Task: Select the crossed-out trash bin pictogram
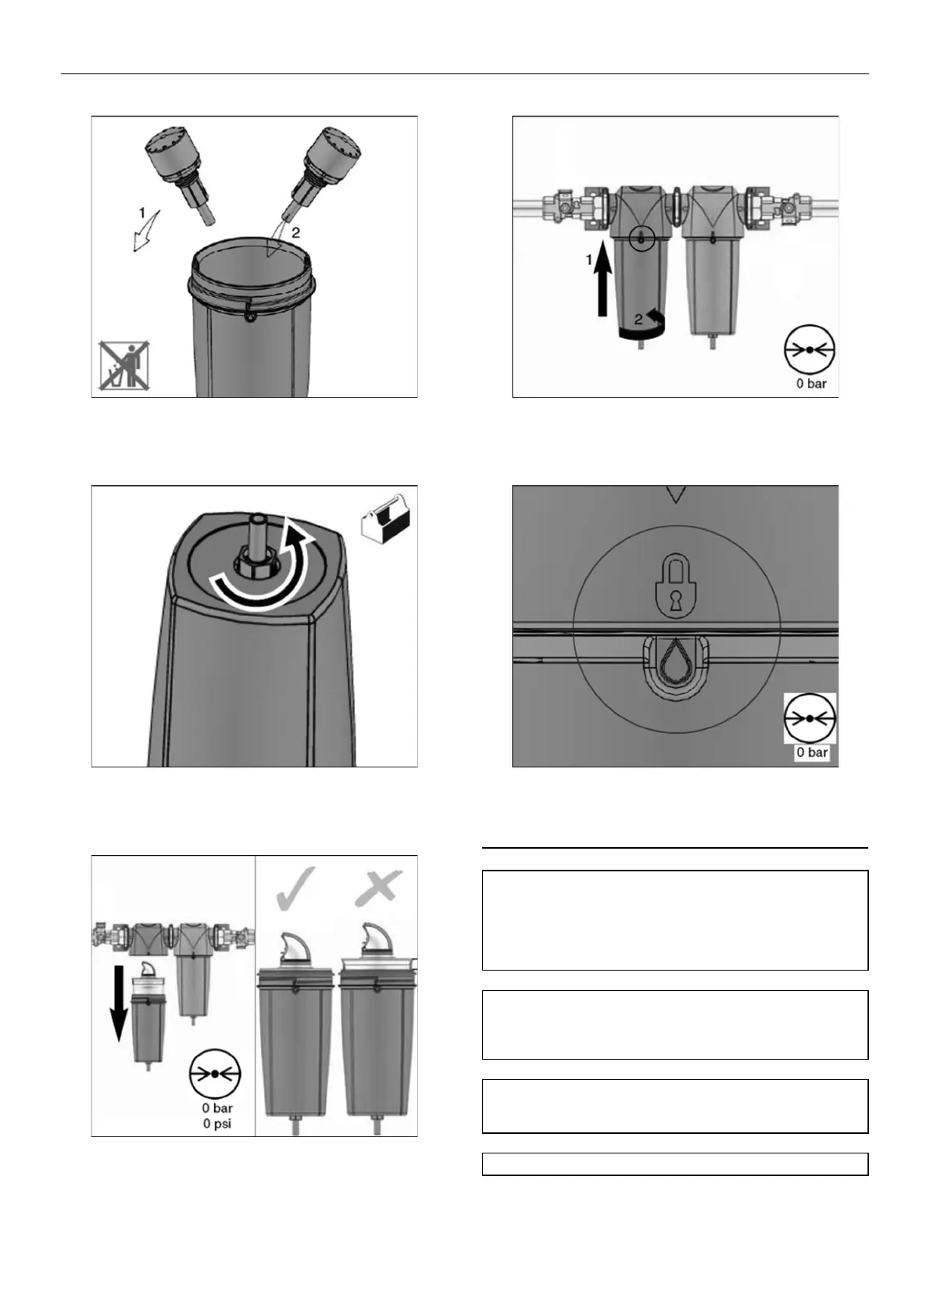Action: pos(123,366)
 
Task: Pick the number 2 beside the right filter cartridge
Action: pos(295,233)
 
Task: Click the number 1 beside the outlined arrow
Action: pos(141,213)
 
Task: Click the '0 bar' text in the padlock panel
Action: pos(812,752)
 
